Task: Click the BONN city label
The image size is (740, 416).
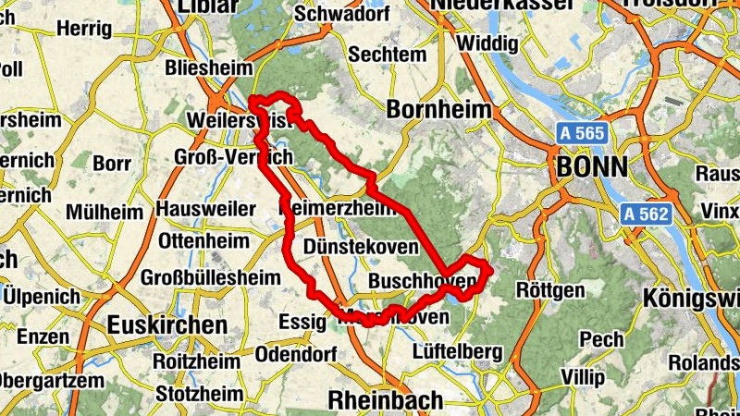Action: pos(592,167)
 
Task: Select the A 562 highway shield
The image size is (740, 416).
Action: pos(645,214)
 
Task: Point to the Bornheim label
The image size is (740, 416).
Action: pos(438,109)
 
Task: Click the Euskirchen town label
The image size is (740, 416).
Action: pos(166,325)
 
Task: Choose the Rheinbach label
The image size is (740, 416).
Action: pos(386,399)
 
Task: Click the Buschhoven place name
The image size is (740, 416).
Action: pos(422,280)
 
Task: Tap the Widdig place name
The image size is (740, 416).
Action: pos(487,43)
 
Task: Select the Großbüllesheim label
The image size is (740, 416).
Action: pos(211,277)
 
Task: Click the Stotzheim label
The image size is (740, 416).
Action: pos(199,394)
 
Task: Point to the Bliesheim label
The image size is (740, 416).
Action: pos(208,68)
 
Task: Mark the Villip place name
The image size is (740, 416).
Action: pos(582,378)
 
